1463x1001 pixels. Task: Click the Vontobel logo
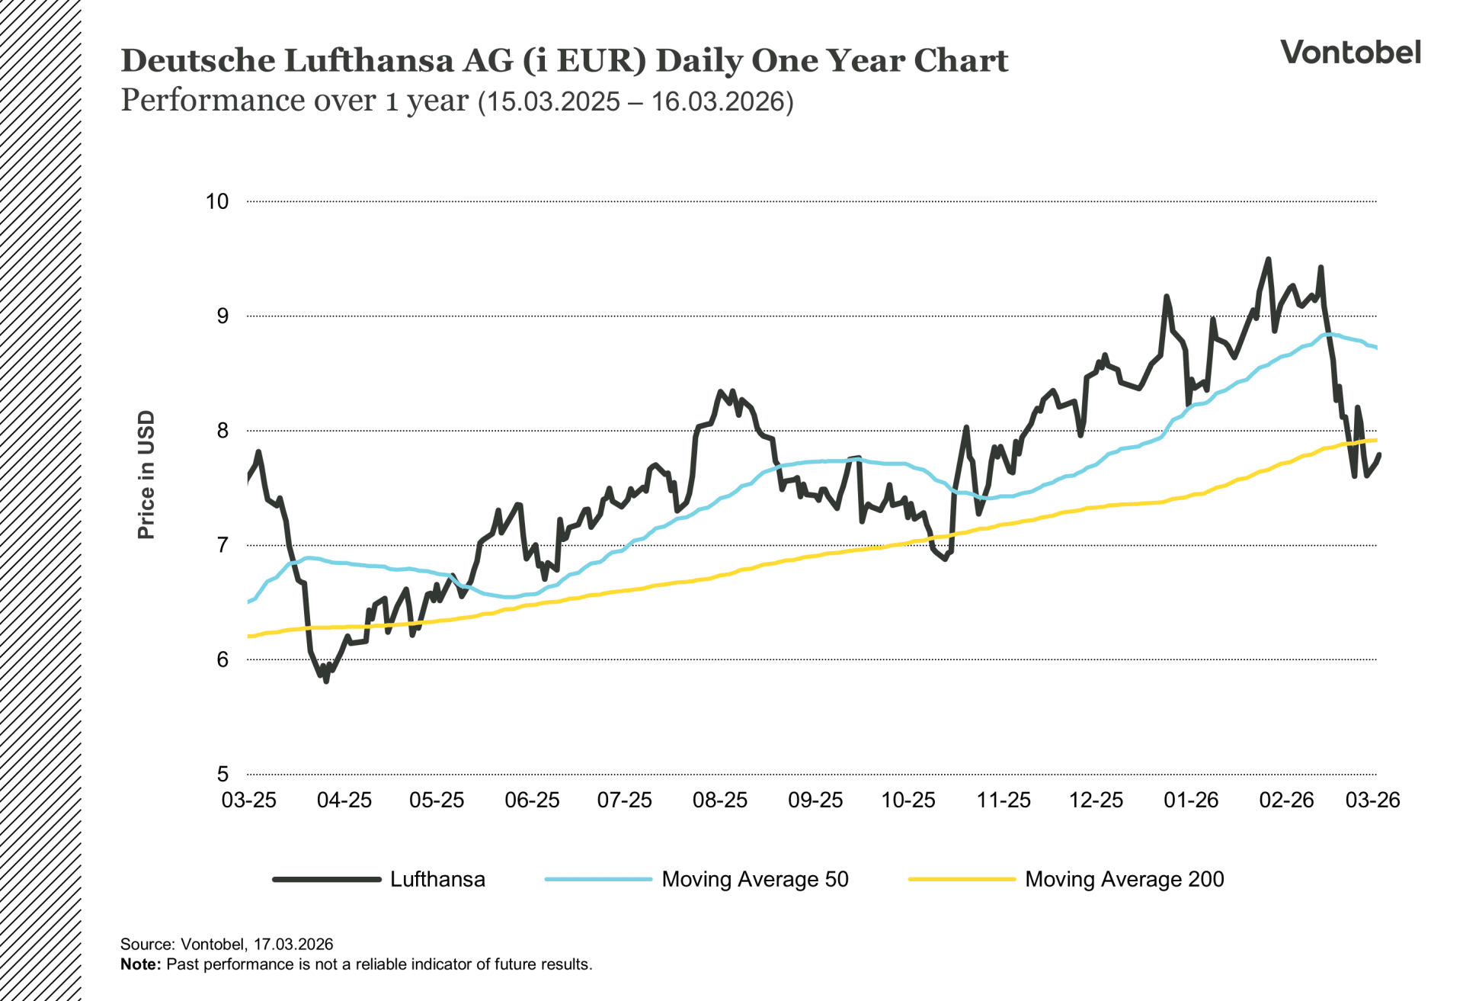[1349, 52]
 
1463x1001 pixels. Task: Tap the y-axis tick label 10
[217, 201]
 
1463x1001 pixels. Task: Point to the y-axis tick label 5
[222, 774]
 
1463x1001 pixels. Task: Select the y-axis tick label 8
[222, 431]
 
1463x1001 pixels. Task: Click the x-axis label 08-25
[719, 800]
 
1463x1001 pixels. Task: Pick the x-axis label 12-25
[1096, 800]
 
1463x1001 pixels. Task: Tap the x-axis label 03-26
[1372, 800]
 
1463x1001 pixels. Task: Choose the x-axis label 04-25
[344, 800]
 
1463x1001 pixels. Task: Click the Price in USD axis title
[146, 474]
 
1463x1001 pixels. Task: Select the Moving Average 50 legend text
[754, 879]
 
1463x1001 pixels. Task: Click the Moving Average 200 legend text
[1124, 879]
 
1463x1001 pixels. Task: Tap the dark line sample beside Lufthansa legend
[327, 879]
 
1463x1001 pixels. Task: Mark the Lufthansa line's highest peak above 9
[1268, 260]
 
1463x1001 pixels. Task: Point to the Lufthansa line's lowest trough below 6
[326, 680]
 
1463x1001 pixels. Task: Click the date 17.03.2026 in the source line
[293, 944]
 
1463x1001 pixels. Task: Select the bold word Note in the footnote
[140, 964]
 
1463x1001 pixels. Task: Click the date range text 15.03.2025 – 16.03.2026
[636, 102]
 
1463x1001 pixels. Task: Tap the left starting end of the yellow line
[250, 636]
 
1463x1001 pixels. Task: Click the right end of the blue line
[1375, 348]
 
